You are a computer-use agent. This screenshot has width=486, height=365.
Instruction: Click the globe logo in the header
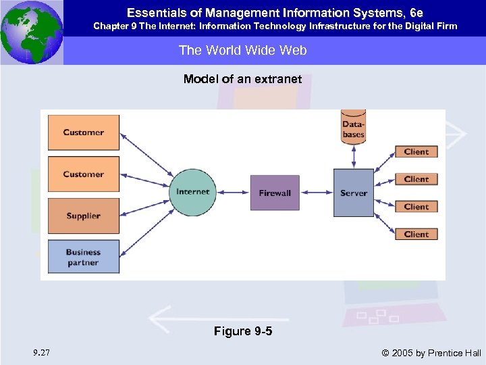pyautogui.click(x=31, y=32)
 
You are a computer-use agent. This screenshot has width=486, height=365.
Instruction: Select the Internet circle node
pyautogui.click(x=193, y=192)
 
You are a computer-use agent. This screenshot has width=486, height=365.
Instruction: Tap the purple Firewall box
pyautogui.click(x=275, y=193)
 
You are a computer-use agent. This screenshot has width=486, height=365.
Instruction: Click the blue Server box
pyautogui.click(x=353, y=193)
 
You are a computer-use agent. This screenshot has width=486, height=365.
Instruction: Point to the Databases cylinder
pyautogui.click(x=353, y=127)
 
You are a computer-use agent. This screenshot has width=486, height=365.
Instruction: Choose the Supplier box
pyautogui.click(x=84, y=216)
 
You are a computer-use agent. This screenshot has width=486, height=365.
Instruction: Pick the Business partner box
pyautogui.click(x=84, y=257)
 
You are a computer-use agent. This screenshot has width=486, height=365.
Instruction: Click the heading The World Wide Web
pyautogui.click(x=242, y=50)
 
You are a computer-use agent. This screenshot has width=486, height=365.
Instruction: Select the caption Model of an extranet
pyautogui.click(x=242, y=79)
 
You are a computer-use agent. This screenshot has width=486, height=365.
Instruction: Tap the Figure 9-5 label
pyautogui.click(x=243, y=331)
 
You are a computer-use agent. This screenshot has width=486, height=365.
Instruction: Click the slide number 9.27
pyautogui.click(x=40, y=352)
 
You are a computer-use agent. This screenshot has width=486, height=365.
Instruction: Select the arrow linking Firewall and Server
pyautogui.click(x=317, y=193)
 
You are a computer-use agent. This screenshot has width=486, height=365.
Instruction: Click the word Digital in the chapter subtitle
pyautogui.click(x=407, y=26)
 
